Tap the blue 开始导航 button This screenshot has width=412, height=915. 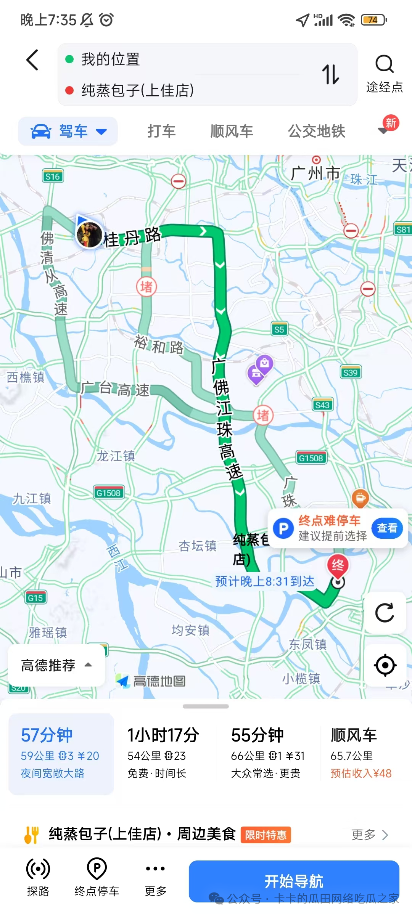(294, 881)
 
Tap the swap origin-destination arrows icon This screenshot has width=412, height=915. (330, 74)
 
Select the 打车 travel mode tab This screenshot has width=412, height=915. (161, 131)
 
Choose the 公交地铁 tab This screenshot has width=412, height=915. (316, 131)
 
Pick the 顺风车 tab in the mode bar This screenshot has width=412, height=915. (232, 131)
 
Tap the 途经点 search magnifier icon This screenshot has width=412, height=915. (384, 64)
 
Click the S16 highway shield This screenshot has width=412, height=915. (52, 177)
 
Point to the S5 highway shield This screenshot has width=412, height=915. (279, 329)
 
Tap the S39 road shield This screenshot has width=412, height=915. (350, 372)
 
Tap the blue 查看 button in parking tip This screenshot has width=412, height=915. (387, 528)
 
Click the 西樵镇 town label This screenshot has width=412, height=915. (26, 377)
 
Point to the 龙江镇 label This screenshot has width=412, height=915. (116, 456)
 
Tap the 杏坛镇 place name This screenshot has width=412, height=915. (197, 546)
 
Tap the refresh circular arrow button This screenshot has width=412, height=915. (385, 613)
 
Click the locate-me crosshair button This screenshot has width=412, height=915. (385, 665)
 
